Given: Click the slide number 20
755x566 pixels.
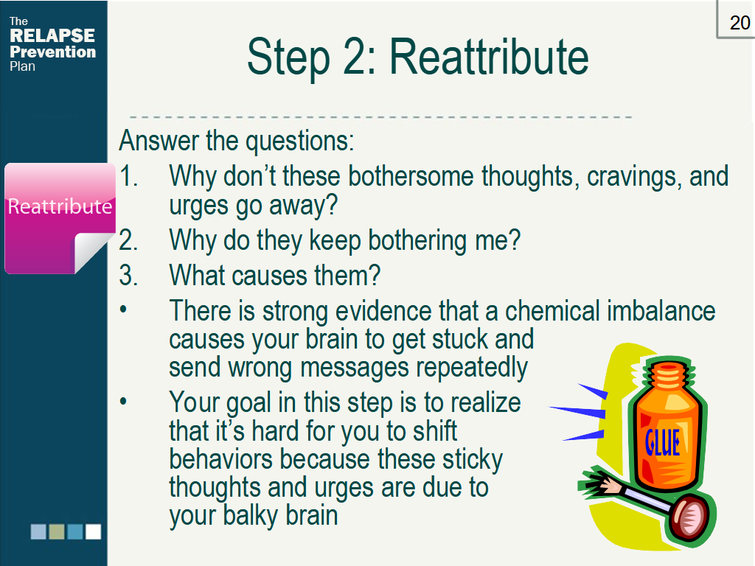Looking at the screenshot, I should tap(740, 23).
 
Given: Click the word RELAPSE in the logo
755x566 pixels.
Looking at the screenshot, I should tap(52, 36).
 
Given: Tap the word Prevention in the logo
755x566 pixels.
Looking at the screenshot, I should tap(52, 52).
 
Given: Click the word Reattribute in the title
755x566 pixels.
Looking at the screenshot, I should tap(489, 57).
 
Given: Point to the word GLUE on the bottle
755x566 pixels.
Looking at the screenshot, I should tap(662, 443).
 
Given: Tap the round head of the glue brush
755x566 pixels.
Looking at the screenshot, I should tap(691, 517).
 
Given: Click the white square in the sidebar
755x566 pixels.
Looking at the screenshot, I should tap(93, 531).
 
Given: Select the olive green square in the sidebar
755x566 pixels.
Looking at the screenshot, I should tap(57, 531).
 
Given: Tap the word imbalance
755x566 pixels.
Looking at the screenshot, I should tap(661, 311).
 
